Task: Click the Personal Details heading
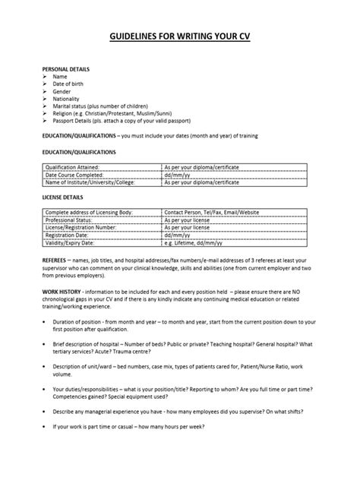[65, 68]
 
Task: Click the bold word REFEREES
[56, 258]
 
